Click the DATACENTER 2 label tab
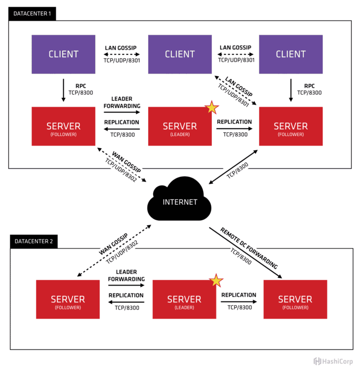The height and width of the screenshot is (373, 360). (x=32, y=241)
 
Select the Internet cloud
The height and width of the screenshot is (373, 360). (x=179, y=201)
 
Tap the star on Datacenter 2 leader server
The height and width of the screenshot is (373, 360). (x=216, y=280)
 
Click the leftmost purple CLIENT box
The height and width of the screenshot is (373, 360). (x=63, y=54)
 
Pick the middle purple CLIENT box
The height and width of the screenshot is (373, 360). (x=179, y=54)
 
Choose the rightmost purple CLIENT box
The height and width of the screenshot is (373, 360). (x=291, y=54)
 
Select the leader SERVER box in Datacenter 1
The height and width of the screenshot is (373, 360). (x=179, y=127)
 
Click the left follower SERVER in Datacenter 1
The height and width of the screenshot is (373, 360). (x=63, y=127)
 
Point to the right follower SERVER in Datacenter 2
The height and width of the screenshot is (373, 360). (x=295, y=299)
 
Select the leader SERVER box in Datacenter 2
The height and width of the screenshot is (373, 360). (x=184, y=299)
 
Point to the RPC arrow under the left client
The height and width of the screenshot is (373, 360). (x=63, y=90)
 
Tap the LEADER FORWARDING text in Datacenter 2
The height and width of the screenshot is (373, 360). (x=126, y=275)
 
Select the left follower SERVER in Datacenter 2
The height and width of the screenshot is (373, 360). (x=68, y=299)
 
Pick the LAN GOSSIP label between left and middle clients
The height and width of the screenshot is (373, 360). (x=121, y=47)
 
